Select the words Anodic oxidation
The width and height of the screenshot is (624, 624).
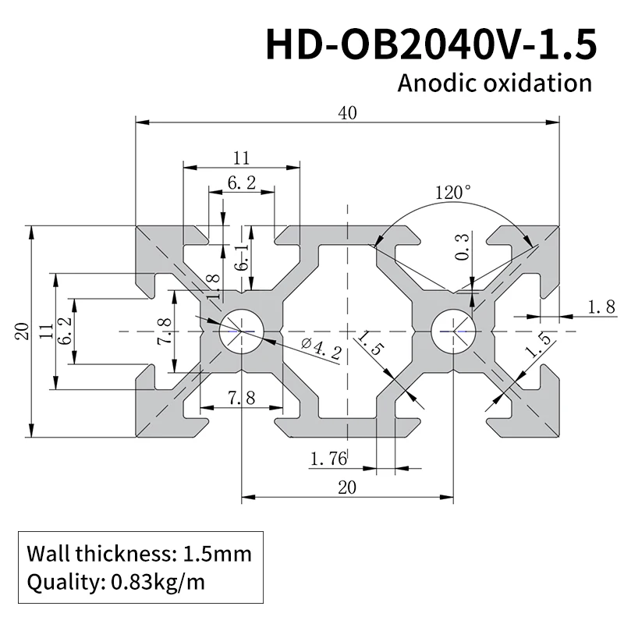point(495,83)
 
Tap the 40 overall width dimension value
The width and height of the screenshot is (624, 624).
point(348,112)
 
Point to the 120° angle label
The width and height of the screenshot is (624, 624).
point(453,193)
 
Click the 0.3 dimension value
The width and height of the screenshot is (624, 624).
point(462,247)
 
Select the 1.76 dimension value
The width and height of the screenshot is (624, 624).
point(328,459)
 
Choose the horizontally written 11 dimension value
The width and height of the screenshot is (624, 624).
point(241,158)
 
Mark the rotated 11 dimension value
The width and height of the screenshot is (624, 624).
point(45,331)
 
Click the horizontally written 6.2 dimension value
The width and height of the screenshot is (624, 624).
point(241,184)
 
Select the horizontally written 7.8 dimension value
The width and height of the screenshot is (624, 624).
point(241,398)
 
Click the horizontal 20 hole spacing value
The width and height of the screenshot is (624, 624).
point(347,487)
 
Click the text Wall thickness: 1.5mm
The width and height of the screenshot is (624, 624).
point(140,555)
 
